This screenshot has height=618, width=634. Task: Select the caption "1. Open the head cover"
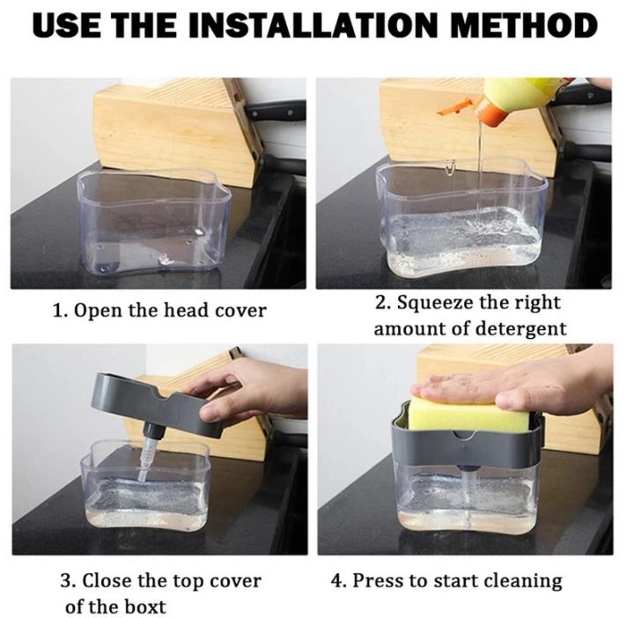(158, 311)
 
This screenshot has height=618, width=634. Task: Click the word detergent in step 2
(521, 329)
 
